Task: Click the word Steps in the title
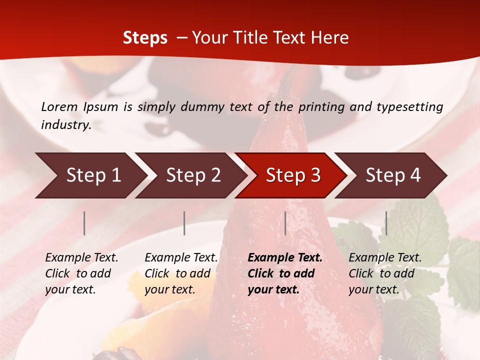tap(145, 37)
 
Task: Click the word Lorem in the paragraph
tap(59, 106)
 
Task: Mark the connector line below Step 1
tap(84, 223)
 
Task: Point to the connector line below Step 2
tap(184, 223)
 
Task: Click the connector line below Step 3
tap(285, 223)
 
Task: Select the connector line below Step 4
tap(386, 223)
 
